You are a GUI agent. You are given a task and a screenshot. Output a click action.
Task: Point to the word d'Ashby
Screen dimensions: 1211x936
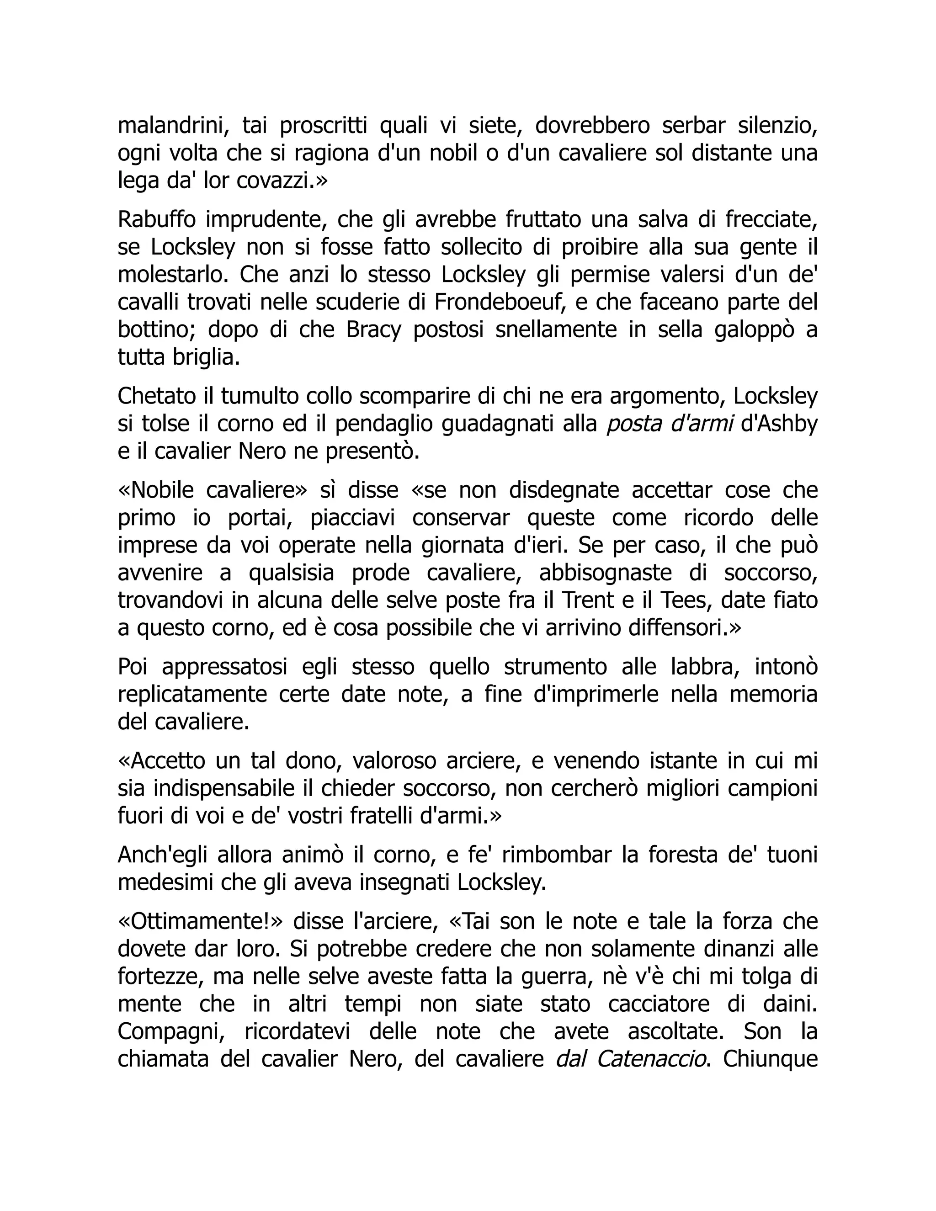(780, 424)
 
